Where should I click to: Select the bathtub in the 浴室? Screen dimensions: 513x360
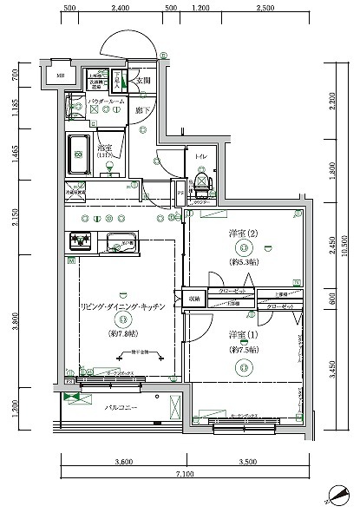point(79,155)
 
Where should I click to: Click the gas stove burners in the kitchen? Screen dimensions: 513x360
point(81,240)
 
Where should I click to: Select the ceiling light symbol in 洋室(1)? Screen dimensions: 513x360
point(238,366)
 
